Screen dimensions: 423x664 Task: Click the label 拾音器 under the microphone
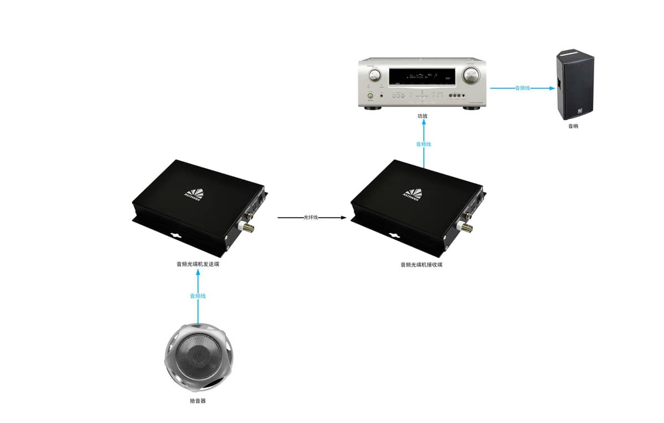[x=198, y=400]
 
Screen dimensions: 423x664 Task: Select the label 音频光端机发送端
[x=198, y=265]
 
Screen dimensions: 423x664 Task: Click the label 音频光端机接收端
[x=421, y=265]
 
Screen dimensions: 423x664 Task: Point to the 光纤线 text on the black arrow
[x=311, y=218]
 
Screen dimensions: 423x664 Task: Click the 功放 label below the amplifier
[x=423, y=116]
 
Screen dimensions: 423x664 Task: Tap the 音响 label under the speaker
[x=573, y=126]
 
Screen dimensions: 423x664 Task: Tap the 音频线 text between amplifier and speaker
[x=523, y=88]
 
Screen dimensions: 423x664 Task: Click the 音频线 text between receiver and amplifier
[x=423, y=144]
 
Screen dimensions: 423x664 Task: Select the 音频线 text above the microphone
[x=198, y=296]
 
